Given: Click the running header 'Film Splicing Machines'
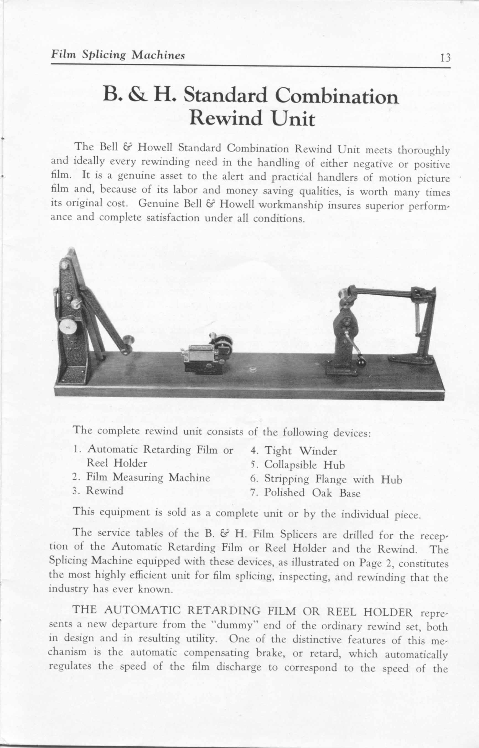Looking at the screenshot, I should [x=118, y=55].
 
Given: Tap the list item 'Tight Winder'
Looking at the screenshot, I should [x=300, y=451].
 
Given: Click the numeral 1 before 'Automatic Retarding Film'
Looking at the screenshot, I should [x=76, y=450].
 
